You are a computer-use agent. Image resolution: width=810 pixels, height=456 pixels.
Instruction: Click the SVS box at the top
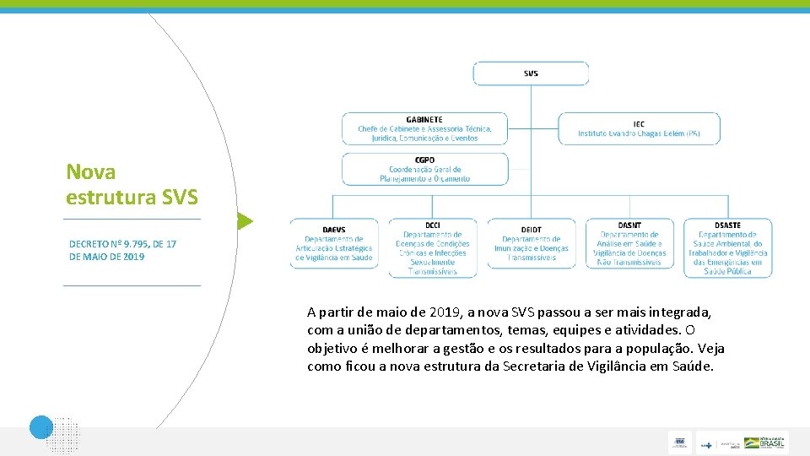pyautogui.click(x=531, y=73)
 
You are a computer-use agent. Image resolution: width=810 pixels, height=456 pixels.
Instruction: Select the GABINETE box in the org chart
pyautogui.click(x=424, y=128)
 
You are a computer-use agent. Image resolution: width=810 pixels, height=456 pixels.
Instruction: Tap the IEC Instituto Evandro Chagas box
pyautogui.click(x=639, y=128)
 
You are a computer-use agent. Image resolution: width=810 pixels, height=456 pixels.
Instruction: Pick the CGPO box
pyautogui.click(x=424, y=169)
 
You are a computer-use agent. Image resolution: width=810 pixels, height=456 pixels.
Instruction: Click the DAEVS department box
pyautogui.click(x=333, y=244)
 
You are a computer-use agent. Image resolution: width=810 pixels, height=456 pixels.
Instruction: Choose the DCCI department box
pyautogui.click(x=432, y=248)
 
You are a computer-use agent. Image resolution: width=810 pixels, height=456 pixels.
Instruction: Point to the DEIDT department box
pyautogui.click(x=531, y=244)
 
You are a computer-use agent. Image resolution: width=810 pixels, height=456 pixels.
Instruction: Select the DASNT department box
pyautogui.click(x=629, y=244)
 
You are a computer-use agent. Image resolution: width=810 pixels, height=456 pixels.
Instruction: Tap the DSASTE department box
pyautogui.click(x=727, y=248)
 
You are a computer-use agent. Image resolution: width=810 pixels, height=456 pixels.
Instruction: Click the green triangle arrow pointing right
pyautogui.click(x=244, y=222)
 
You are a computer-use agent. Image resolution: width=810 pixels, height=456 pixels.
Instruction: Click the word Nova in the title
pyautogui.click(x=91, y=172)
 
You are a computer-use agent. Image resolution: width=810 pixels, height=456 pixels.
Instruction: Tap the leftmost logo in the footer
pyautogui.click(x=680, y=442)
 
